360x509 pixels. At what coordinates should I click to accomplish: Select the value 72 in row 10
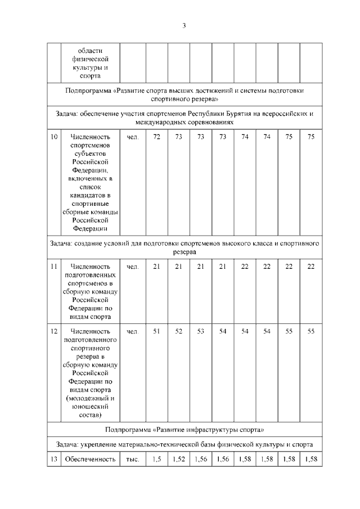click(157, 137)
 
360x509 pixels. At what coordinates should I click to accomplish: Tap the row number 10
click(53, 137)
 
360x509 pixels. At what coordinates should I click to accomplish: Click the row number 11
click(53, 266)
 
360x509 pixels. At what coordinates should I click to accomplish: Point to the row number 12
click(53, 331)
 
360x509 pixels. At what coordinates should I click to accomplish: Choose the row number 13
click(53, 460)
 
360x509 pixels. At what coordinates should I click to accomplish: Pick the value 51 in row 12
click(157, 331)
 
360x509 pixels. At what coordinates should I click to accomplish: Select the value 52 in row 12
click(179, 331)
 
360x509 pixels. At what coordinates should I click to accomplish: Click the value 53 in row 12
click(201, 331)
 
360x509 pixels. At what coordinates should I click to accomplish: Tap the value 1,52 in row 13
click(179, 460)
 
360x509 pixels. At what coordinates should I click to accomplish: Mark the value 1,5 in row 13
click(157, 460)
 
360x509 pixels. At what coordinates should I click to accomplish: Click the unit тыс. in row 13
click(133, 460)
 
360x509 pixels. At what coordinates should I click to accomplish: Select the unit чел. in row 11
click(133, 266)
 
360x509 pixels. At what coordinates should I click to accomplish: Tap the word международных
click(160, 121)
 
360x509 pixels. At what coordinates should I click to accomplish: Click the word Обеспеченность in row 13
click(90, 460)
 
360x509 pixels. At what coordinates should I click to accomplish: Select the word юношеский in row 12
click(90, 407)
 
